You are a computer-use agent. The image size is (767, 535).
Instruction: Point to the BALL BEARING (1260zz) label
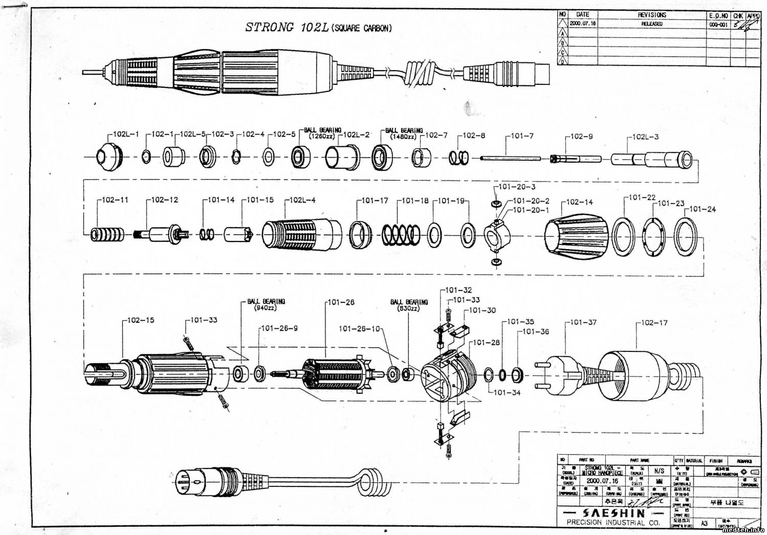(x=323, y=133)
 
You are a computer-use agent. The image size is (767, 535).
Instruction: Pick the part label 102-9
(x=583, y=137)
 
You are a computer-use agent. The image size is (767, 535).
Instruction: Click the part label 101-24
(x=703, y=209)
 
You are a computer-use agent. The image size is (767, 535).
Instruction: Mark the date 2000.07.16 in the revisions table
(x=582, y=24)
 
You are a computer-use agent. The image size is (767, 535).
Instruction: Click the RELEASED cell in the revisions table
(x=652, y=24)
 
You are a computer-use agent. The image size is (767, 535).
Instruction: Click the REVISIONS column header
(x=652, y=15)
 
